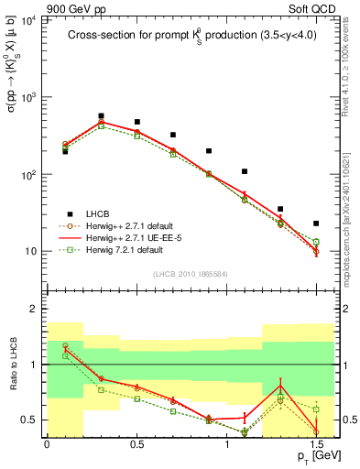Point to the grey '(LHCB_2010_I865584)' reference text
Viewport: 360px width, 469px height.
pos(190,273)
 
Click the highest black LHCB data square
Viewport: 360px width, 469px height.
pos(101,116)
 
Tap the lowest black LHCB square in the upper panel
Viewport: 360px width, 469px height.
pos(316,224)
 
